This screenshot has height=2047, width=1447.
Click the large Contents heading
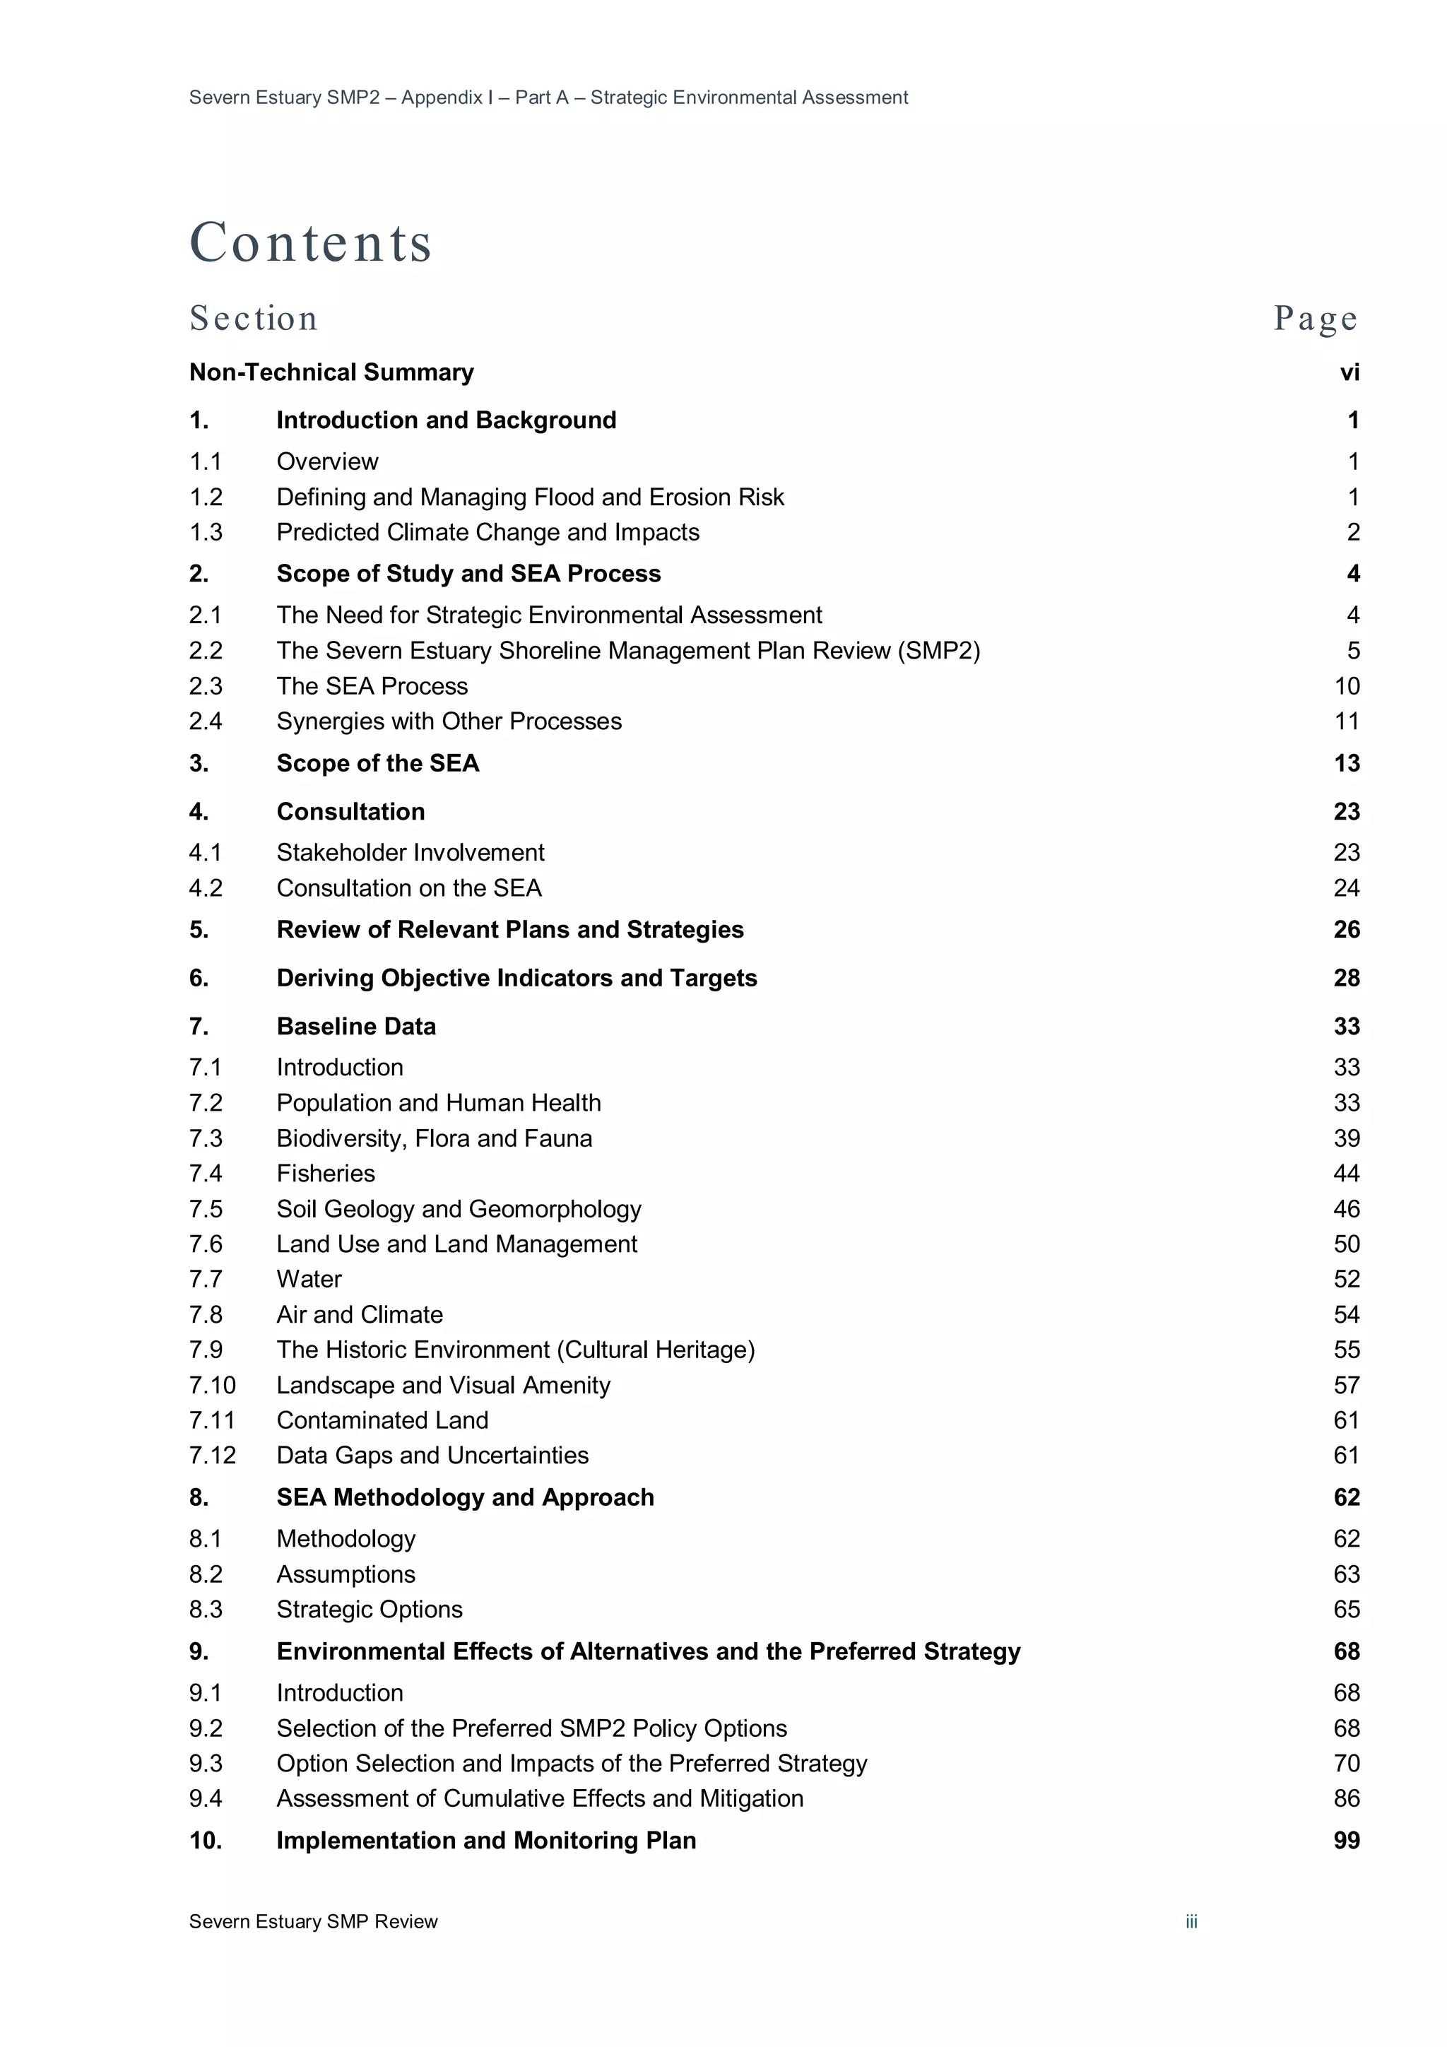[x=310, y=242]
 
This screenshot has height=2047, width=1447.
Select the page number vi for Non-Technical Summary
[x=1349, y=372]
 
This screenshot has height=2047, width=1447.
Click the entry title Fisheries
[x=326, y=1173]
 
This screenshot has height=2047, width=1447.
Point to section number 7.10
[x=212, y=1385]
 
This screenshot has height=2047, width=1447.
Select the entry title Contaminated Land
[x=382, y=1420]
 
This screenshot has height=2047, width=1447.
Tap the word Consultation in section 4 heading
[x=350, y=811]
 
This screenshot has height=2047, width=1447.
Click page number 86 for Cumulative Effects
[x=1346, y=1798]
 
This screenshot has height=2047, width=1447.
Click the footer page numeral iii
[x=1191, y=1921]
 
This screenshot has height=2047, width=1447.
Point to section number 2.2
[x=205, y=651]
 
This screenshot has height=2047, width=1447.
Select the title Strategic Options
[x=369, y=1609]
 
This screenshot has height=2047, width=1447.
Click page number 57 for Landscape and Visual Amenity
[x=1346, y=1385]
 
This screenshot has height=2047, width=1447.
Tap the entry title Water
[x=309, y=1280]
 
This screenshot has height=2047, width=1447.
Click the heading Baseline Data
[x=355, y=1026]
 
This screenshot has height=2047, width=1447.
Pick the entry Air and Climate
[x=360, y=1314]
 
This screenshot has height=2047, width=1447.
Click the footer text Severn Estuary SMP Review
[x=313, y=1921]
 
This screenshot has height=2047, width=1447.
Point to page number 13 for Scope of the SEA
[x=1346, y=763]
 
